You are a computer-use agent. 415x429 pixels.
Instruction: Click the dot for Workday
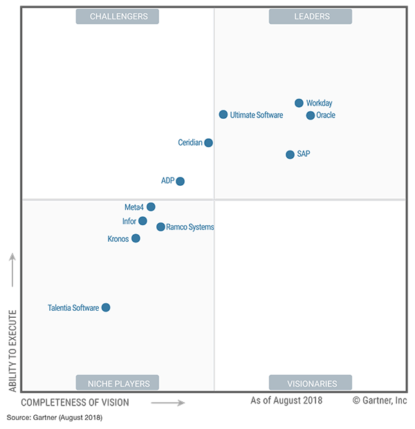coord(299,103)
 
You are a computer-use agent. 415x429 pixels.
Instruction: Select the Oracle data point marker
coord(311,115)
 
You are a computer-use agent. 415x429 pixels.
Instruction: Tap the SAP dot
coord(290,154)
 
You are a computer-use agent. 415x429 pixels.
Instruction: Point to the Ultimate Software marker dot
coord(223,115)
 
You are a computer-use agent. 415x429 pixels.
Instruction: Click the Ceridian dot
coord(208,143)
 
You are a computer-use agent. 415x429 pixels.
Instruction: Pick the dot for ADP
coord(180,181)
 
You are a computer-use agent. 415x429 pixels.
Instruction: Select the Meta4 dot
coord(151,207)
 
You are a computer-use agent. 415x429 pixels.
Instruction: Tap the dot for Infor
coord(142,221)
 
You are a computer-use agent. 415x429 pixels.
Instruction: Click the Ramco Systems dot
coord(160,227)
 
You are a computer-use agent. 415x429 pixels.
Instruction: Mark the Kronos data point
coord(136,238)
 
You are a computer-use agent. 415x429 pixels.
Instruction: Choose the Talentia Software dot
coord(106,307)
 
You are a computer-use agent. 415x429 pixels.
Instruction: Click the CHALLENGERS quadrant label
coord(117,17)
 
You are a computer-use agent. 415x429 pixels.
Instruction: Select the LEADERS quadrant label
coord(311,17)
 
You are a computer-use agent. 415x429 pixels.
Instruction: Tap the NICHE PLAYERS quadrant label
coord(117,383)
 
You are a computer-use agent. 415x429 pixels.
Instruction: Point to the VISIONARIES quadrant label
coord(311,383)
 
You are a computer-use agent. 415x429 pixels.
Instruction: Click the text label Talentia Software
coord(73,308)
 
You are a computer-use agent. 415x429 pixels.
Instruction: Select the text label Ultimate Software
coord(257,115)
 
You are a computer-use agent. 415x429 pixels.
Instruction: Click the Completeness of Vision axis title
coord(75,401)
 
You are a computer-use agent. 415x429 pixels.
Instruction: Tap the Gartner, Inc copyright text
coord(380,400)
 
